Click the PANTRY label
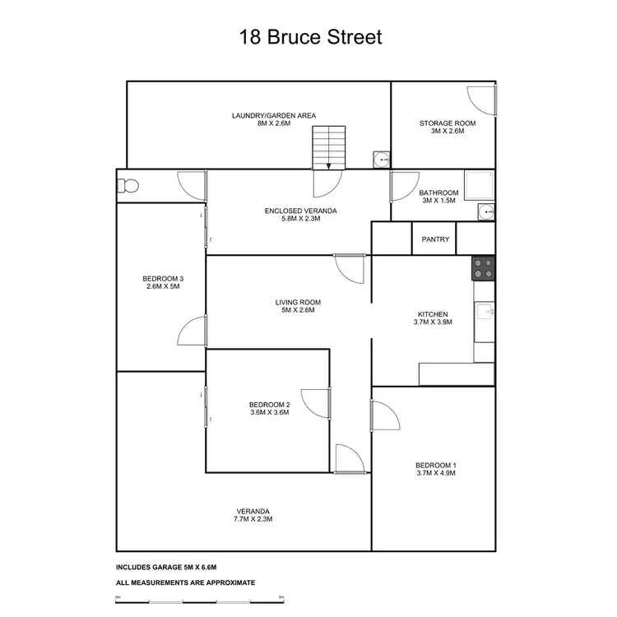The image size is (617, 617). click(x=435, y=239)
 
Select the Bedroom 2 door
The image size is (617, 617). click(x=317, y=402)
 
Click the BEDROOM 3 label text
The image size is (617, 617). click(x=163, y=279)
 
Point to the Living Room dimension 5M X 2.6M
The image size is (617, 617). click(x=295, y=310)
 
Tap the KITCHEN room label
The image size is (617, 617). click(x=433, y=314)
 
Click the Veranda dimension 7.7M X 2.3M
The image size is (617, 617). click(x=253, y=519)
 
